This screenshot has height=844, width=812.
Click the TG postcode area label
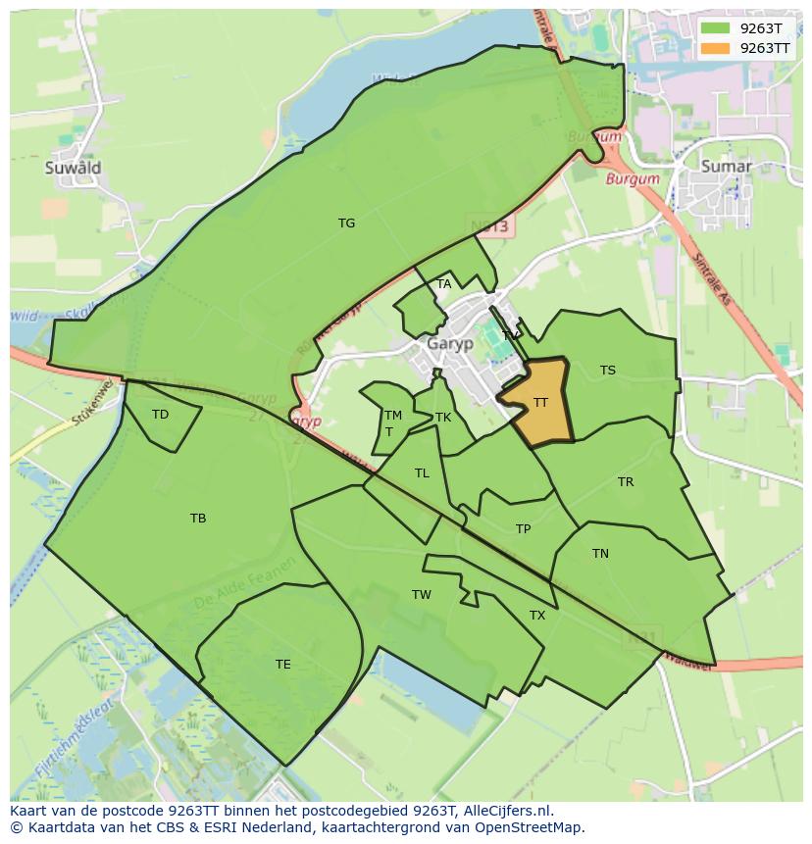[346, 223]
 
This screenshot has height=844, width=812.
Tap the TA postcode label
[444, 284]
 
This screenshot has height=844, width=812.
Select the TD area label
[160, 415]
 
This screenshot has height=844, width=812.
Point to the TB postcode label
[198, 519]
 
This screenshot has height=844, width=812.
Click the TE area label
[283, 665]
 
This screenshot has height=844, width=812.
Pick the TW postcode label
[422, 595]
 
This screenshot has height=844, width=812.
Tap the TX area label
[537, 616]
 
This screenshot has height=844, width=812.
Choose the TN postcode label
[600, 554]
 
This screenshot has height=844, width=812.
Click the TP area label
[524, 529]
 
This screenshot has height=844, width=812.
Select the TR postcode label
[626, 482]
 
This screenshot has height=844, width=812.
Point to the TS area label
[608, 371]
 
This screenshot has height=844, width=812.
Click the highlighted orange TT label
[540, 403]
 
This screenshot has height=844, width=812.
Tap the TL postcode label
[422, 473]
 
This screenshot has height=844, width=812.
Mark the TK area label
[443, 418]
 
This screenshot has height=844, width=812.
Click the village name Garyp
[450, 344]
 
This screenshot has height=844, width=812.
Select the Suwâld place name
[73, 168]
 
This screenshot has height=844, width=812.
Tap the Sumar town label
[726, 167]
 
